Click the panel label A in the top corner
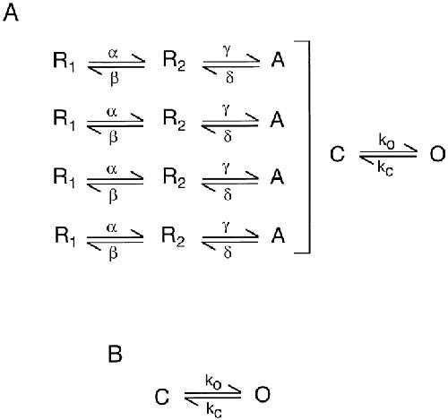[11, 13]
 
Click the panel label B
[115, 355]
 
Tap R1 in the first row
[64, 62]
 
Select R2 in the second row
[174, 120]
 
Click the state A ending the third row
[277, 177]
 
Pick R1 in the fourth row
[65, 236]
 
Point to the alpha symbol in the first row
[113, 54]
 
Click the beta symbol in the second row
[113, 137]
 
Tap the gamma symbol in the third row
[227, 169]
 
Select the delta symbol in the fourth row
[228, 253]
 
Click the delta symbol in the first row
[229, 77]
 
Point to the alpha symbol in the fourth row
[112, 228]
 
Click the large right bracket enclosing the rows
[309, 147]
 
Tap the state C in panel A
[338, 154]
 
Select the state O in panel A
[437, 154]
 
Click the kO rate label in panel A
[386, 141]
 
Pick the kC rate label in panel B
[214, 410]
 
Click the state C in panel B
[162, 398]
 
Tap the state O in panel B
[263, 394]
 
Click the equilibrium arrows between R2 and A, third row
[230, 180]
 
